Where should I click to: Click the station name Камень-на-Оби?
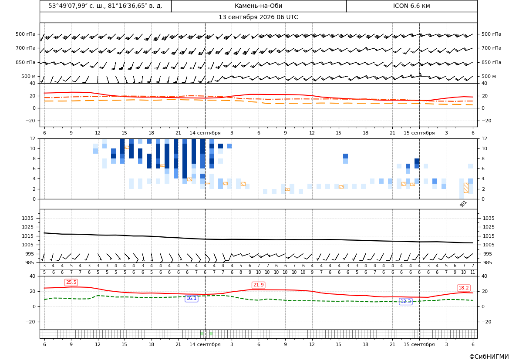(x=258, y=6)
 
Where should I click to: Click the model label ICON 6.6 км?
(x=411, y=6)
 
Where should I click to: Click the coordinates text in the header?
(x=105, y=6)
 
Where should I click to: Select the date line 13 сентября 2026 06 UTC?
(x=258, y=17)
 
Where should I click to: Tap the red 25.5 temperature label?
(x=71, y=283)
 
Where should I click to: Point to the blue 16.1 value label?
(x=191, y=298)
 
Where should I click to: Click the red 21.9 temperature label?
(x=258, y=285)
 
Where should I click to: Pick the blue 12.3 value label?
(x=405, y=302)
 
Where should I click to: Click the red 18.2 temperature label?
(x=463, y=288)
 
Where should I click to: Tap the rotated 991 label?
(x=463, y=204)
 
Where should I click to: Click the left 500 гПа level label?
(x=25, y=34)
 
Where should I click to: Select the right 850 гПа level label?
(x=491, y=62)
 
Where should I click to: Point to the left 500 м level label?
(x=28, y=76)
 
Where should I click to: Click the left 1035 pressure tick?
(x=31, y=218)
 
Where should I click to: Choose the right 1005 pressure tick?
(x=489, y=245)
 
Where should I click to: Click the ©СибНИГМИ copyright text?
(x=489, y=357)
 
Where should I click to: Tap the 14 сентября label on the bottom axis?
(x=205, y=344)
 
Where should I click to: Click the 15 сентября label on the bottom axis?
(x=419, y=344)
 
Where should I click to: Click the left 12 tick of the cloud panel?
(x=33, y=138)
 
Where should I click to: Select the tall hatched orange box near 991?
(x=466, y=188)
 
